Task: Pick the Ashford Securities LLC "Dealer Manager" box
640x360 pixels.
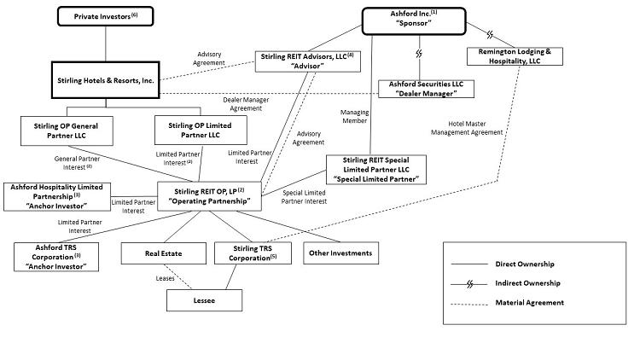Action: pos(426,89)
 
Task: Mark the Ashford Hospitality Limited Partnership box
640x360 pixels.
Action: pos(56,195)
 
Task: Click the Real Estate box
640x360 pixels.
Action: pos(163,253)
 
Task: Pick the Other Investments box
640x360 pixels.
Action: pos(340,253)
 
